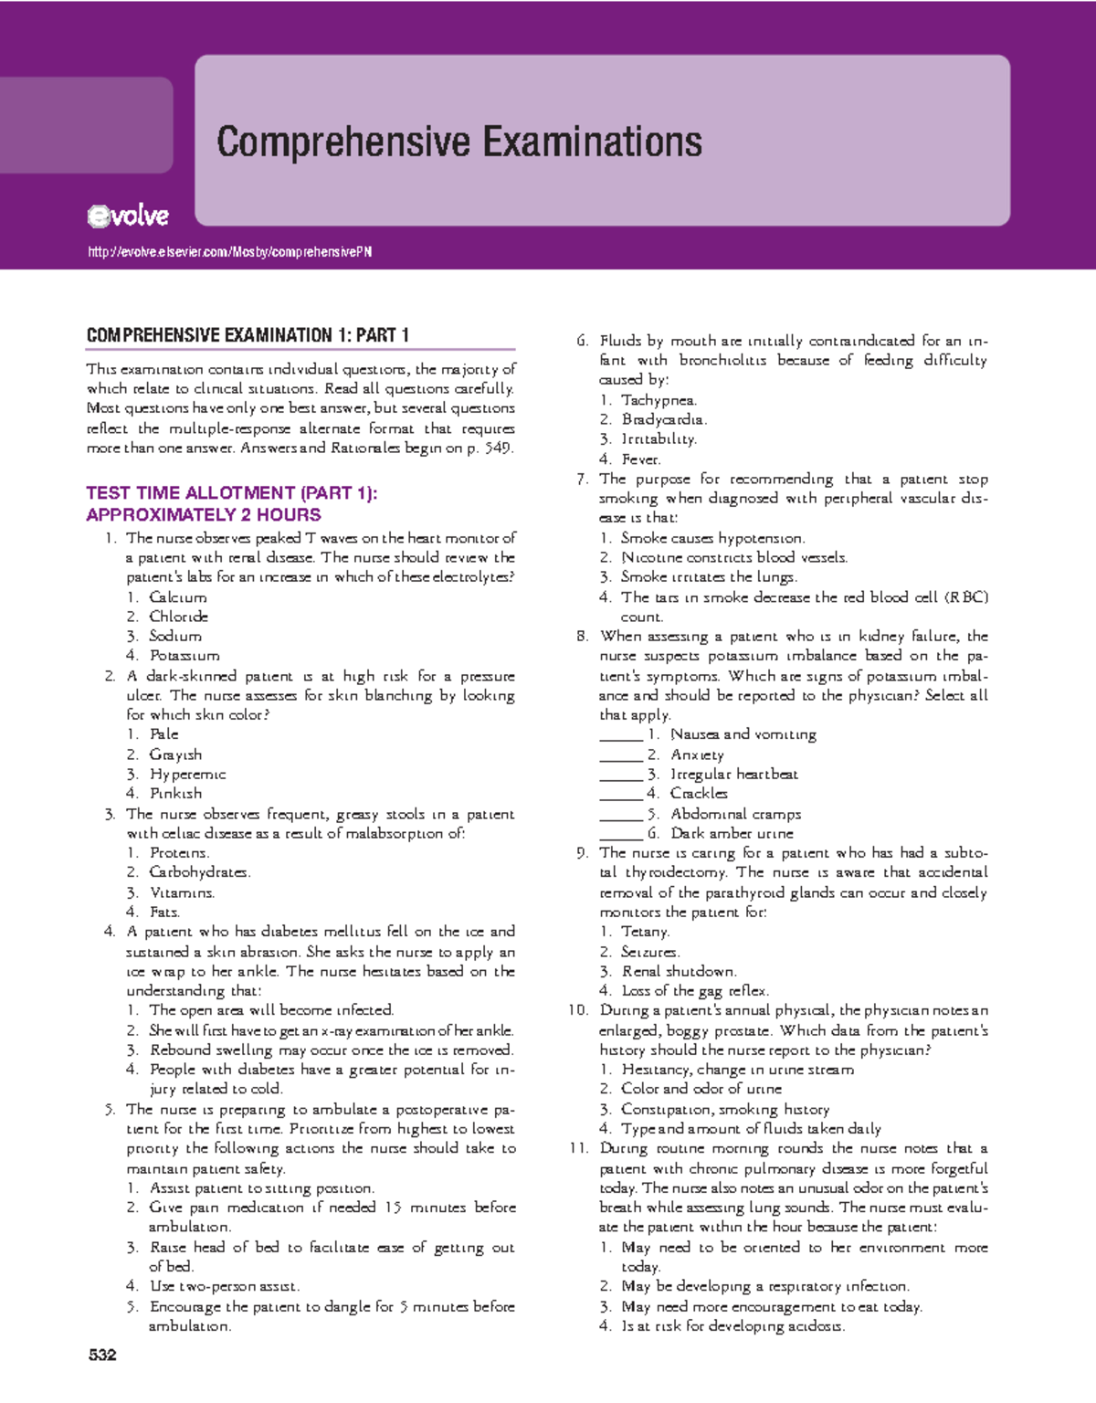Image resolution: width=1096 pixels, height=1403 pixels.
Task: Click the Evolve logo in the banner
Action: pos(128,216)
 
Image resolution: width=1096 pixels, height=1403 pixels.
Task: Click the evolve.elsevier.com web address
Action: pos(229,252)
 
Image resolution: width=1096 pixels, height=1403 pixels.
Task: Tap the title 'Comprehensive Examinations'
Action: pos(459,142)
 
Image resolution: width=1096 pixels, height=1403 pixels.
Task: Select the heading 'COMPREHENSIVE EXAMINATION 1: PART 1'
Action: pos(248,335)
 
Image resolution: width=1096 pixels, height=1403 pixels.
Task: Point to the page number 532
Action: pos(102,1355)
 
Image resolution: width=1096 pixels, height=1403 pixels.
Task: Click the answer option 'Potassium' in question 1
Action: pos(184,656)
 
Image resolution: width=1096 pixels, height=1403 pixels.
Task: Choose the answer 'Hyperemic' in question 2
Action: pos(187,775)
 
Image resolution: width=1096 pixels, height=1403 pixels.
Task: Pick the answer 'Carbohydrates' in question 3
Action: pos(199,872)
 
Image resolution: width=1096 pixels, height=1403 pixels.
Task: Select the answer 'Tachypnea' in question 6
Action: pos(659,400)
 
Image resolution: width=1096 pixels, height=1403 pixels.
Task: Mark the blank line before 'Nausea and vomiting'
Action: pos(621,735)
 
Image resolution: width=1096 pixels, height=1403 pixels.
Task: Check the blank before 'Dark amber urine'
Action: pos(621,834)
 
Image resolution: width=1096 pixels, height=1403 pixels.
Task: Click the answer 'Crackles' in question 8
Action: pos(699,794)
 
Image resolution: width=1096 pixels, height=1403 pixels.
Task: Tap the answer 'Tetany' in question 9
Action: pos(645,932)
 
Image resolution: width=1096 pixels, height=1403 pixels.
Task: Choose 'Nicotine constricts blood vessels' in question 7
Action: pos(734,557)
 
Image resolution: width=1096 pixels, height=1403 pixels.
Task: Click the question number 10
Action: pos(577,1010)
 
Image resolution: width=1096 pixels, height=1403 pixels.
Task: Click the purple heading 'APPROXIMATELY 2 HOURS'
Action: pos(204,515)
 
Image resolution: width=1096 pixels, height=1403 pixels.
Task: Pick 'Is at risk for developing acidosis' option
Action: pos(732,1326)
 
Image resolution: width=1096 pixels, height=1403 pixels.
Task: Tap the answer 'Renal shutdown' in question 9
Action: pos(679,971)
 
